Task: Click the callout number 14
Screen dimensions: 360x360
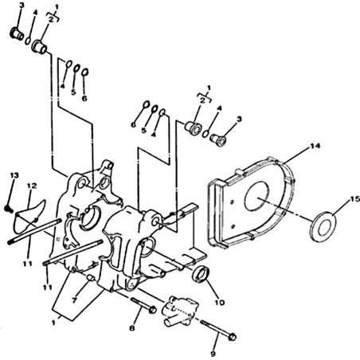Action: coord(315,146)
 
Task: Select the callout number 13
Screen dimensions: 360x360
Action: coord(14,175)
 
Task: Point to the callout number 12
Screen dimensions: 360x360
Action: coord(32,186)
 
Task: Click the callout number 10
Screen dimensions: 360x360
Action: coord(220,302)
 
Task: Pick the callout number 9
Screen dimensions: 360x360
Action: coord(213,354)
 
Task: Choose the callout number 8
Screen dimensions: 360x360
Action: coord(132,328)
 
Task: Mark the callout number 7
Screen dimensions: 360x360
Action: coord(74,300)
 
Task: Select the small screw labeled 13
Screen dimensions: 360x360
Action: coord(9,209)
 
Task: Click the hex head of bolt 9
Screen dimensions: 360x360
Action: coord(233,336)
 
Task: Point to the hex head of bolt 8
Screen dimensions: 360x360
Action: coord(152,309)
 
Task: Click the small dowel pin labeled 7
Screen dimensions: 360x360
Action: coord(91,279)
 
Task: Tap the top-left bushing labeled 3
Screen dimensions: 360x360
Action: coord(17,34)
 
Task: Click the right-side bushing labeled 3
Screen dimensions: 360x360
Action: coord(218,140)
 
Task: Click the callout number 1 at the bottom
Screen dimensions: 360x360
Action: coord(53,323)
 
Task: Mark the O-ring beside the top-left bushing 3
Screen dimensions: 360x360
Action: coord(28,41)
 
